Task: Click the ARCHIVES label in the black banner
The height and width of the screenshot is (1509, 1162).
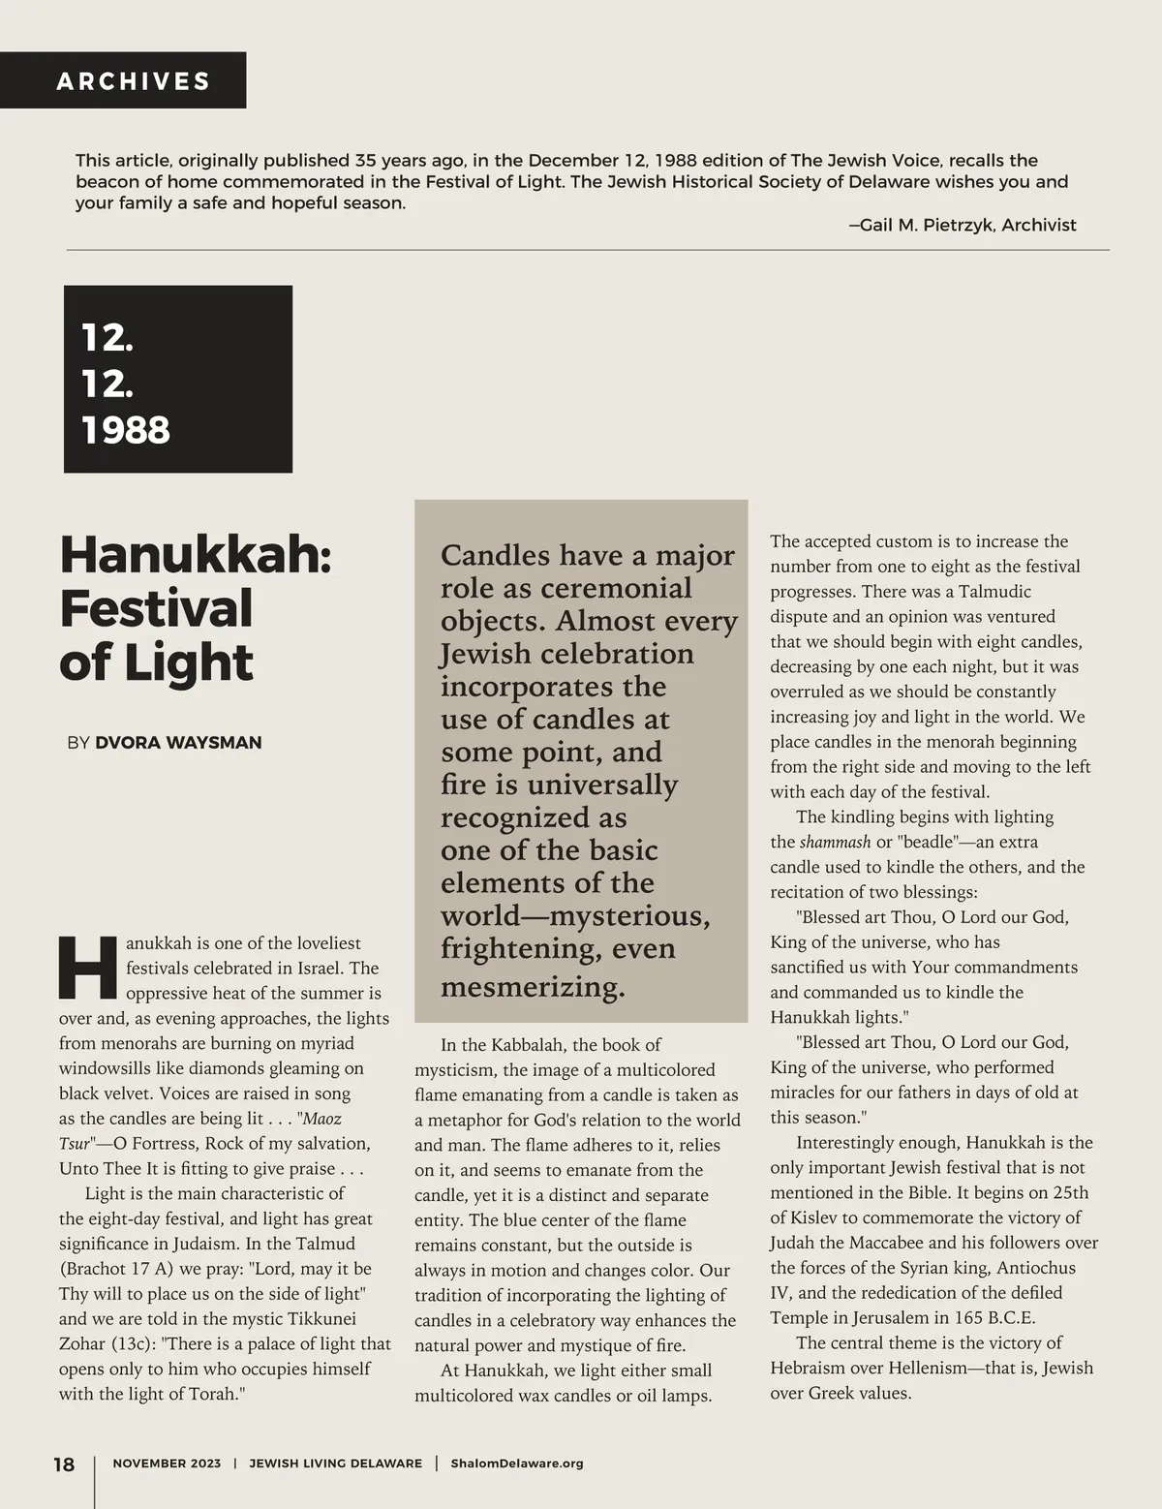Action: pyautogui.click(x=134, y=81)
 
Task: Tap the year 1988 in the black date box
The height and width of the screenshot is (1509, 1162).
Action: pyautogui.click(x=126, y=430)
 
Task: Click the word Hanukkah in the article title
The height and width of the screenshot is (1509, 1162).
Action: pyautogui.click(x=195, y=555)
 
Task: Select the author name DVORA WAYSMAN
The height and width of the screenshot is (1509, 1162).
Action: pyautogui.click(x=178, y=743)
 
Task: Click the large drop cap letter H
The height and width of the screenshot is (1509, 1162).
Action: pyautogui.click(x=88, y=968)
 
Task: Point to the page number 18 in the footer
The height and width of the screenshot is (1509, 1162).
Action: pyautogui.click(x=64, y=1463)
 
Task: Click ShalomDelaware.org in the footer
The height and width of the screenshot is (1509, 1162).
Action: pyautogui.click(x=517, y=1463)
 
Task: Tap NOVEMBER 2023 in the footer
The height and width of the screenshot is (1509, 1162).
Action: pyautogui.click(x=167, y=1463)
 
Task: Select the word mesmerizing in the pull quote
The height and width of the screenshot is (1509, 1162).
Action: pyautogui.click(x=533, y=987)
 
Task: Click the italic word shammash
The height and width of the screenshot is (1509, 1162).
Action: pyautogui.click(x=835, y=842)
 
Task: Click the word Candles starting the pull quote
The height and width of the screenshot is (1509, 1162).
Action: pyautogui.click(x=496, y=556)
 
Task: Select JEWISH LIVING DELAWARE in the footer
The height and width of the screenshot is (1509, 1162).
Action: pyautogui.click(x=335, y=1463)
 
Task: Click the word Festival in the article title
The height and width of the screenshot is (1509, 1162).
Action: pyautogui.click(x=156, y=608)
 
